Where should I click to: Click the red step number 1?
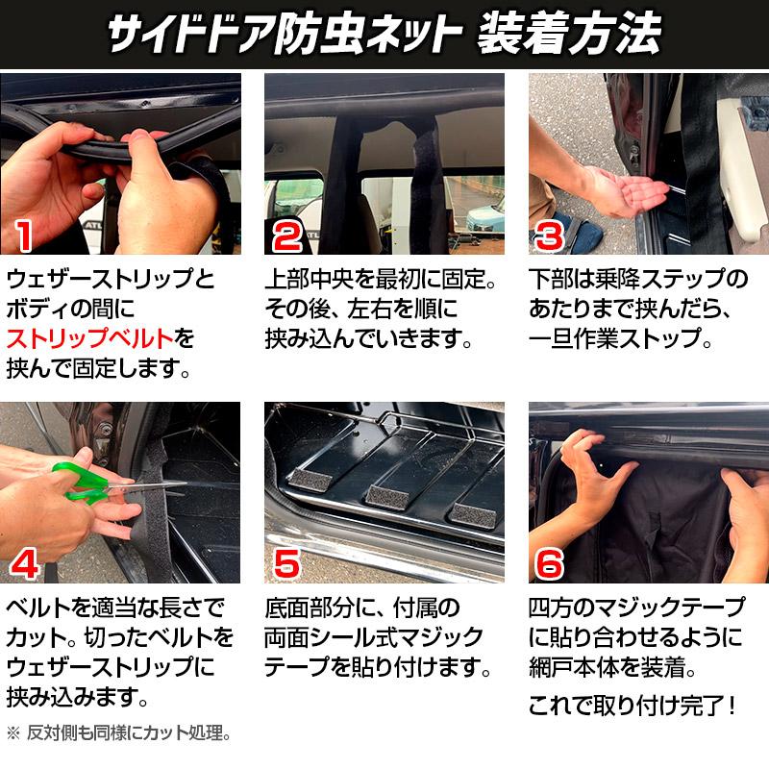(x=23, y=236)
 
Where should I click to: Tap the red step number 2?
(x=287, y=236)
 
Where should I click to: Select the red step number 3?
(x=550, y=236)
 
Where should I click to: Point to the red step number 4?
(x=25, y=563)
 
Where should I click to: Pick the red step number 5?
(x=286, y=563)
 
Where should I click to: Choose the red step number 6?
(x=550, y=563)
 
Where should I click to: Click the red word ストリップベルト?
(x=90, y=338)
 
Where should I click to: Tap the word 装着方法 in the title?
(x=569, y=34)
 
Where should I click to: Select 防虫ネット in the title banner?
(x=367, y=34)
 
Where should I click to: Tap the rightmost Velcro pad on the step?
(x=474, y=513)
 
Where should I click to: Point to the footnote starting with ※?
(x=118, y=733)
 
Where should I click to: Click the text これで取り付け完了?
(x=633, y=706)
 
